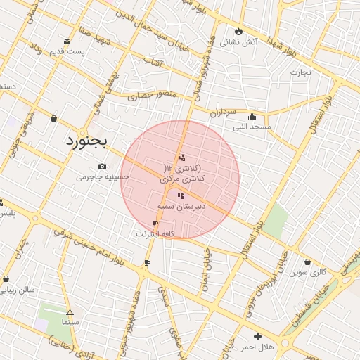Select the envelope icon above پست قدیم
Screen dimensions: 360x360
[67, 41]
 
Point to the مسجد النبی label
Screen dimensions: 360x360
[253, 127]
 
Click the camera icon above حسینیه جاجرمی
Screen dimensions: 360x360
[103, 167]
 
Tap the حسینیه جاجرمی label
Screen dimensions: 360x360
[103, 177]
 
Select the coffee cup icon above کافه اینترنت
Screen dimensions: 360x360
[155, 224]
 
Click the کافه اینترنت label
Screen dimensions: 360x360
[155, 233]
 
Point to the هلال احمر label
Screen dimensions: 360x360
[257, 347]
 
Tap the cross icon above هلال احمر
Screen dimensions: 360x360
[258, 337]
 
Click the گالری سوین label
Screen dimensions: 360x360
[308, 271]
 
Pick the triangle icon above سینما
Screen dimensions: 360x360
[70, 312]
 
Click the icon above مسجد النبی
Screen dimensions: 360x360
[252, 117]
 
